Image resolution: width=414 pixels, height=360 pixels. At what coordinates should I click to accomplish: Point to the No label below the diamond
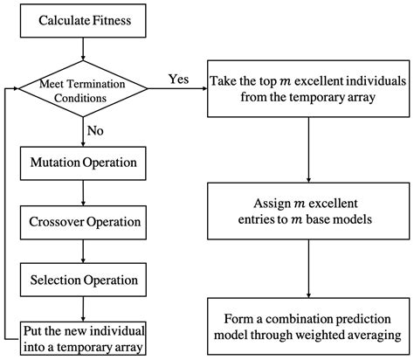pyautogui.click(x=97, y=132)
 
